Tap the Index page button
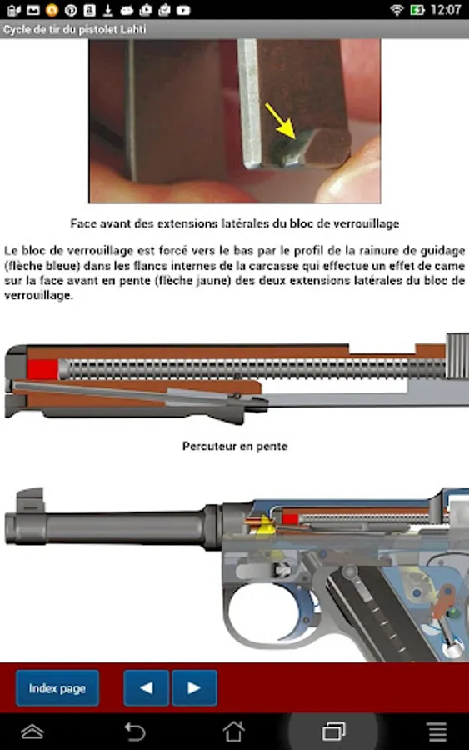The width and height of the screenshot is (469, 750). pos(57,687)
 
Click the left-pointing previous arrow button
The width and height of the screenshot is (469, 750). pos(147,687)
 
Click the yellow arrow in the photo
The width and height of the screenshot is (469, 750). pos(280,122)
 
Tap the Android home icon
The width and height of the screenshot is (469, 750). pos(234,732)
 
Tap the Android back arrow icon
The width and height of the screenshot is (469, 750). pos(134,732)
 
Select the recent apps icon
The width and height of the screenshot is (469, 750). pos(334,732)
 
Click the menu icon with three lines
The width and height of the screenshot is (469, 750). pos(437,732)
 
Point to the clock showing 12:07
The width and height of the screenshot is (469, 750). pos(446,9)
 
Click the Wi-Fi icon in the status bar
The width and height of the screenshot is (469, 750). pos(397,9)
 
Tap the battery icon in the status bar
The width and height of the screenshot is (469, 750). pos(417,9)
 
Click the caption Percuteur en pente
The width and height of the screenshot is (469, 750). pos(235,447)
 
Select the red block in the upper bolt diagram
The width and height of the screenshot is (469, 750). pos(42,370)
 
